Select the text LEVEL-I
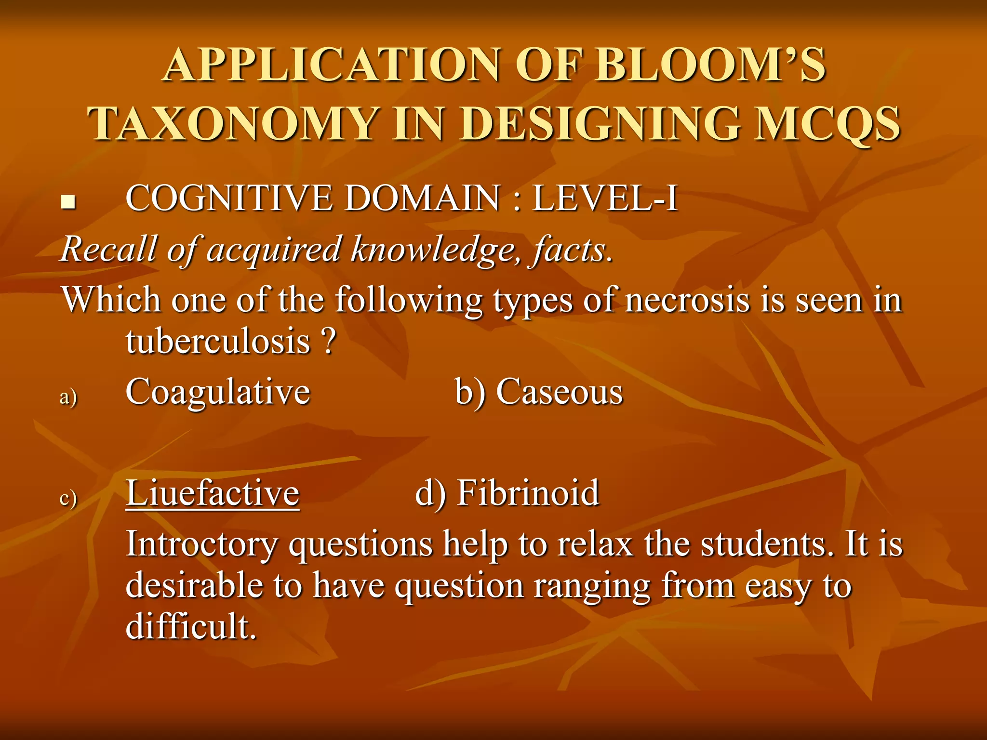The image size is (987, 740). tap(605, 198)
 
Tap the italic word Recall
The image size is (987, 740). tap(109, 250)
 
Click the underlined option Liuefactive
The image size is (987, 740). tap(213, 493)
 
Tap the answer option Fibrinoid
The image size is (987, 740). tap(528, 493)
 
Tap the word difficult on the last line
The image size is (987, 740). tap(191, 626)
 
